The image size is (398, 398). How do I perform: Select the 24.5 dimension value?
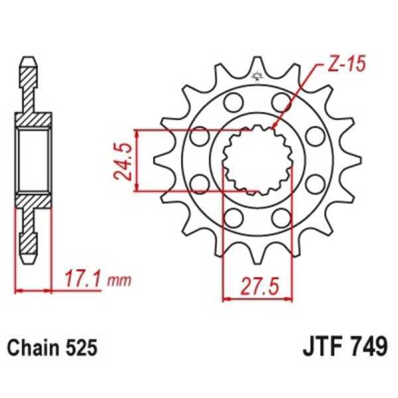pos(121,161)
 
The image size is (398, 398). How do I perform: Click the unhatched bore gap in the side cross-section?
pos(32,159)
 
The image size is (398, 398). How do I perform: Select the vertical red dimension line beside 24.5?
pos(137,161)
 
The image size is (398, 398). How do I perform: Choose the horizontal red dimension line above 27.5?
pos(258,299)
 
